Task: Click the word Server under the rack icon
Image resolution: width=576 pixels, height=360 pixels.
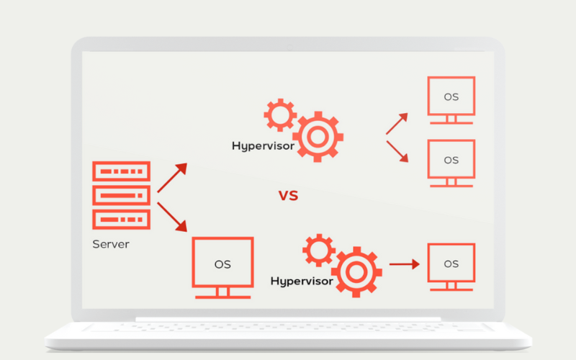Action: [x=111, y=244]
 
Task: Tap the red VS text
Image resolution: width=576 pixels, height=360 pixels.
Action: [x=288, y=195]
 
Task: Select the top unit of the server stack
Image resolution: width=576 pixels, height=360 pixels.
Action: [x=121, y=171]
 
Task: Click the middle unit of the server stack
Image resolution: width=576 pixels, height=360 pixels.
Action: [x=121, y=194]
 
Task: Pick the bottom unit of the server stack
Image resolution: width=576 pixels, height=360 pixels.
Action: [x=121, y=217]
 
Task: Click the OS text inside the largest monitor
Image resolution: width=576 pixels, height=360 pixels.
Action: [x=222, y=264]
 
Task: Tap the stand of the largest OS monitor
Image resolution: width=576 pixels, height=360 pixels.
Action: [x=222, y=292]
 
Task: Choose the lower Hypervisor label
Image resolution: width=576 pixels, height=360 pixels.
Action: [x=302, y=281]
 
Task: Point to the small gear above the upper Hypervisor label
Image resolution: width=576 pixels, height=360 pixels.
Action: [x=279, y=114]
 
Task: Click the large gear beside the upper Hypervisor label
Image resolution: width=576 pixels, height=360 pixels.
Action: [x=318, y=135]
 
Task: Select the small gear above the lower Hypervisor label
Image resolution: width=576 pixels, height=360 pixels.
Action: [x=317, y=250]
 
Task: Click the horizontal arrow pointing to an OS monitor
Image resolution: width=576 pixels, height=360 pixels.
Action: [x=404, y=264]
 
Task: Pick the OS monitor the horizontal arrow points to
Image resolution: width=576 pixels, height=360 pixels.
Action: [x=451, y=264]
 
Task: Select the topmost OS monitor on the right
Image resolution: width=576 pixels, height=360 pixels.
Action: [x=451, y=97]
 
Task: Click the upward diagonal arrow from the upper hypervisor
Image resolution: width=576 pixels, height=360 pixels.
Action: [x=397, y=123]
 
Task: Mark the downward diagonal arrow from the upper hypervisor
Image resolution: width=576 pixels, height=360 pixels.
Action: [x=397, y=150]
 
